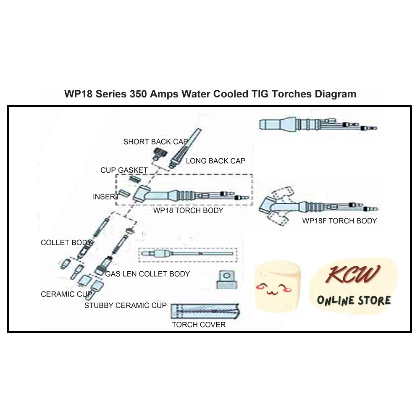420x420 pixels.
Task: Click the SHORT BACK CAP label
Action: point(155,142)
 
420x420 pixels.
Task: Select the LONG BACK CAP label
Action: point(215,161)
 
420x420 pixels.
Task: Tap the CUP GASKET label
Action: point(124,170)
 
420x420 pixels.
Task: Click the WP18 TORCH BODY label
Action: point(188,210)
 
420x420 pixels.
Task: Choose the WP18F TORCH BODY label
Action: point(339,220)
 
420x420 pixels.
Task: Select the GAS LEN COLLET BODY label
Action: point(147,274)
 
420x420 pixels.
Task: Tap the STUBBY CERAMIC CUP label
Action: point(125,305)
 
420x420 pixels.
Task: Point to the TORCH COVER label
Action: point(199,325)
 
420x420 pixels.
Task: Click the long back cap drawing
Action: point(184,147)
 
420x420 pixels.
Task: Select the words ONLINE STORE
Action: point(354,300)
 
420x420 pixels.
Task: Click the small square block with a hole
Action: point(227,278)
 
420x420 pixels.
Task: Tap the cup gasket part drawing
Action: point(134,179)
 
